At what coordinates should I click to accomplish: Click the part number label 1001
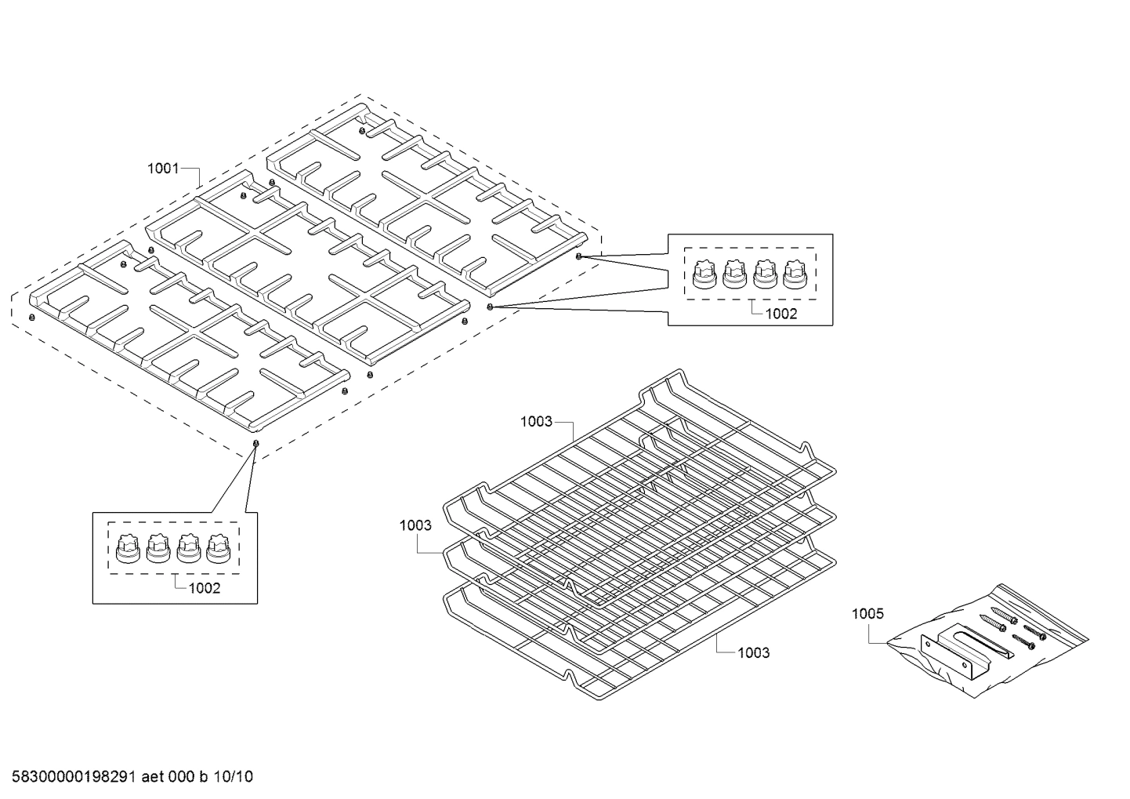click(163, 168)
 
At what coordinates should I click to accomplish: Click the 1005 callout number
click(867, 613)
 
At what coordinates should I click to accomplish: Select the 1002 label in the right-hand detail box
click(780, 314)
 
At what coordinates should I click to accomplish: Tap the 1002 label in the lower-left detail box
click(205, 588)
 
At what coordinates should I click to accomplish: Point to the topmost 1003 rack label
click(536, 422)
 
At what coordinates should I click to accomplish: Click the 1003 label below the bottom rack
click(753, 652)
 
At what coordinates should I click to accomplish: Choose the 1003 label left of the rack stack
click(415, 525)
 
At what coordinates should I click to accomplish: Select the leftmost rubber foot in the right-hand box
click(704, 274)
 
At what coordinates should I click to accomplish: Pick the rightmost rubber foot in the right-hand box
click(795, 274)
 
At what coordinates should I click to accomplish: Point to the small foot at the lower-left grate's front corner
click(255, 444)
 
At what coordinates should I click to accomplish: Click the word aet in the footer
click(154, 777)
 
